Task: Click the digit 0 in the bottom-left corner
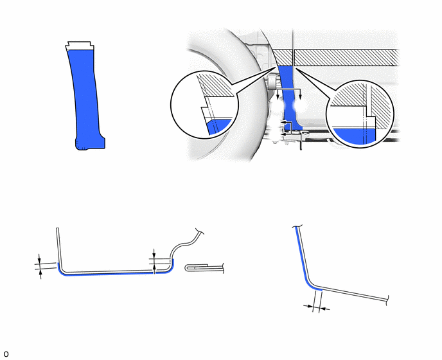[x=6, y=354]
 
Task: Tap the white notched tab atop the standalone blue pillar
[x=80, y=46]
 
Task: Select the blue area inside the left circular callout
[x=218, y=127]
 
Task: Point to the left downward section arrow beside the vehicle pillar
[x=278, y=94]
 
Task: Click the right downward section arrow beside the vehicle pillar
[x=300, y=94]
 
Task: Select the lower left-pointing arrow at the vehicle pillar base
[x=286, y=134]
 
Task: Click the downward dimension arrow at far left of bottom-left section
[x=39, y=258]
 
